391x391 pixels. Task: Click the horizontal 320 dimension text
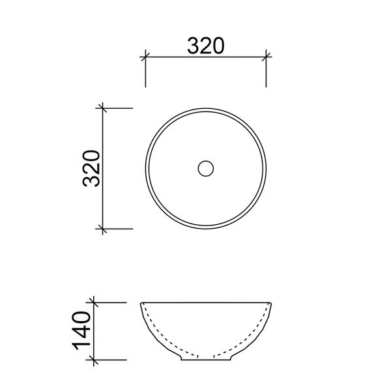[x=205, y=46]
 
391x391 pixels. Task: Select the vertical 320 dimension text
[x=91, y=168]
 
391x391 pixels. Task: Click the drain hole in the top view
[x=205, y=168]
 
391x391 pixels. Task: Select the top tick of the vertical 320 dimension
[x=101, y=108]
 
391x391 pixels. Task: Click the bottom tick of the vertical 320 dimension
[x=101, y=229]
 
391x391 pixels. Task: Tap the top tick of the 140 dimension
[x=94, y=302]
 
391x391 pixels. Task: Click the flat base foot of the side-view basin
[x=205, y=360]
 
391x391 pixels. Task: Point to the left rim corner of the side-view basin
[x=142, y=303]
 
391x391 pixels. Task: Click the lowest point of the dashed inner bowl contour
[x=205, y=355]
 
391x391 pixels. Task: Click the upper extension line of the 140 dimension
[x=111, y=302]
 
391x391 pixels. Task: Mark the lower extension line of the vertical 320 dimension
[x=117, y=229]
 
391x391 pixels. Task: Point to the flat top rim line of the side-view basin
[x=205, y=303]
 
